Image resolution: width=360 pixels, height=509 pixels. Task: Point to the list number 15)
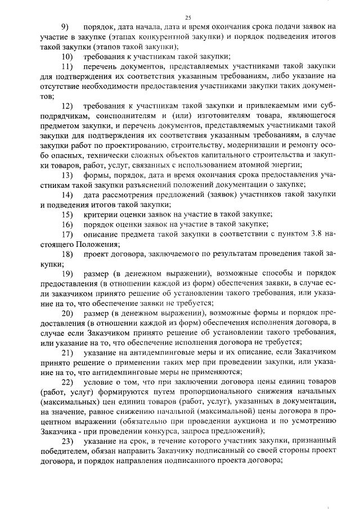click(x=67, y=214)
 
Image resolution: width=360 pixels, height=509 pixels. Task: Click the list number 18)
click(x=67, y=254)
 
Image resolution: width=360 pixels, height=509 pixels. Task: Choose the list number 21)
click(x=67, y=353)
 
